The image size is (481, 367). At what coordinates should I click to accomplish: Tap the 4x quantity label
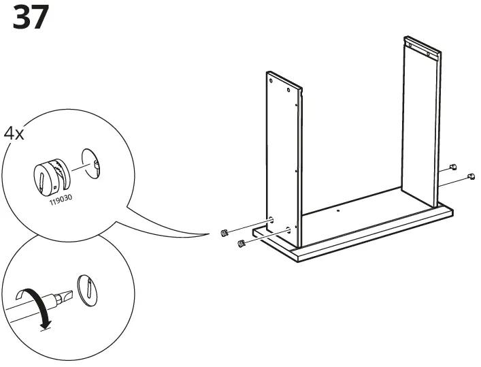(x=14, y=132)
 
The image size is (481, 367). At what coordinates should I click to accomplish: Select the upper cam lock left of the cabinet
(x=225, y=234)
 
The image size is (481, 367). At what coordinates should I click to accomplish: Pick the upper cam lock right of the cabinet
(x=454, y=167)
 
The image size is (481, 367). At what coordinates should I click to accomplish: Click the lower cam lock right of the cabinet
(x=469, y=177)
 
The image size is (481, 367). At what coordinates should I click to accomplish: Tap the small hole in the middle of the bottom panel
(x=338, y=212)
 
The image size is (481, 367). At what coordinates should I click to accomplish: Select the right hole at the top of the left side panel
(x=289, y=89)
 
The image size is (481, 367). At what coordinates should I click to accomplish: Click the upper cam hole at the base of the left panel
(x=271, y=219)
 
